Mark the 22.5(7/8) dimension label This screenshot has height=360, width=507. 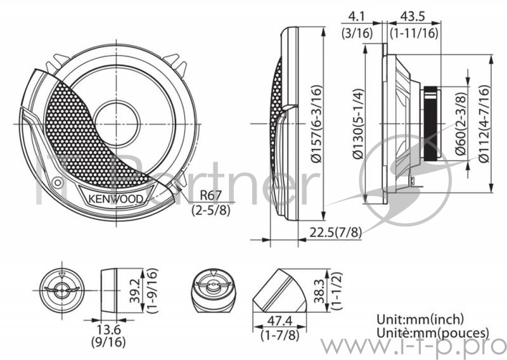(x=335, y=232)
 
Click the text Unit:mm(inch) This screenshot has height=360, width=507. (x=420, y=319)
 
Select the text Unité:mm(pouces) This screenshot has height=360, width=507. (x=433, y=333)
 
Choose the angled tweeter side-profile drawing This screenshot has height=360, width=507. (x=278, y=289)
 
